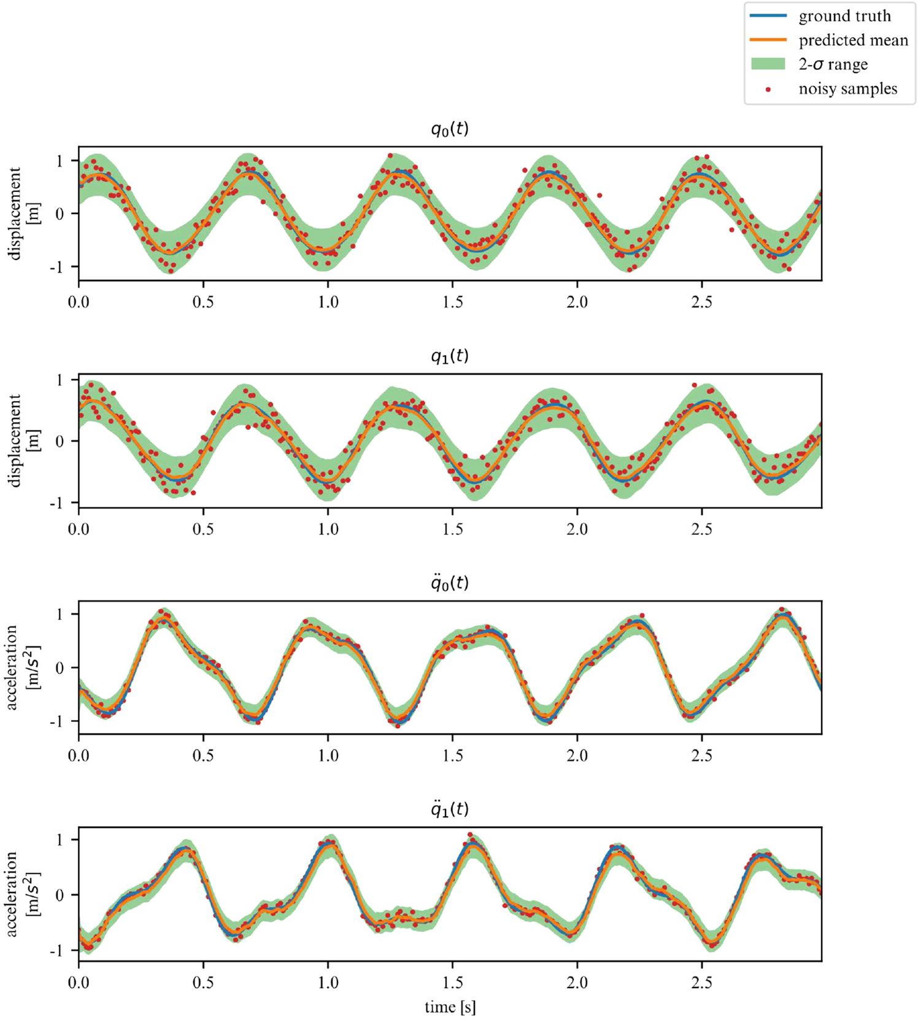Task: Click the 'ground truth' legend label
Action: pos(844,17)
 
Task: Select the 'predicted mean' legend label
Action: pos(853,40)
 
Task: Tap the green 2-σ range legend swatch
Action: pos(768,64)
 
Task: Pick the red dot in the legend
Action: pos(768,90)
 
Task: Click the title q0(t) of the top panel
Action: pos(450,129)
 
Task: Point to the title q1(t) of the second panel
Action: pos(450,356)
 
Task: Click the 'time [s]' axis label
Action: pos(450,1007)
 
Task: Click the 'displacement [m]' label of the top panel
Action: pos(23,213)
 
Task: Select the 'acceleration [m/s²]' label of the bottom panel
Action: pos(23,894)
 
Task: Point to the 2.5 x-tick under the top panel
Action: pos(701,302)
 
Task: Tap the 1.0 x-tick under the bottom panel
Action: pos(328,983)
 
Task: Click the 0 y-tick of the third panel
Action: pos(60,667)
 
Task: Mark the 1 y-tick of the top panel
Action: pos(60,161)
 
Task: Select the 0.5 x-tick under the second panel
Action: pos(203,529)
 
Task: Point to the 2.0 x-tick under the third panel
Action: pos(577,756)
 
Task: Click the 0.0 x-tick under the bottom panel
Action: pos(79,983)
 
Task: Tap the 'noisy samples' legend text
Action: pos(847,89)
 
